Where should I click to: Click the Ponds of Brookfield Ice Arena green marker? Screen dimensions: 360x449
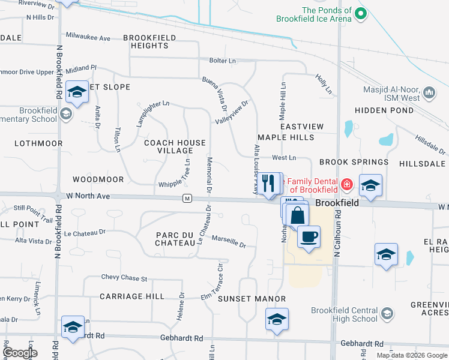(x=361, y=13)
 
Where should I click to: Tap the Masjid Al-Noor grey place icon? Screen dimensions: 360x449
(x=429, y=93)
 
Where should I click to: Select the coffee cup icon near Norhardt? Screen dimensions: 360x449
(x=309, y=236)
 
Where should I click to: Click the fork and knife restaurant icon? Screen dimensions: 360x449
(x=268, y=183)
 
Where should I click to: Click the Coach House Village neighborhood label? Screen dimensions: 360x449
(x=175, y=147)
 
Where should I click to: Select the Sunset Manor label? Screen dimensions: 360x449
(x=242, y=298)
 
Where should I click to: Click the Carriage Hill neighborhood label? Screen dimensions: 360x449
(x=131, y=296)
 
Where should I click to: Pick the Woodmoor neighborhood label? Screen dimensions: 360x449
(x=98, y=179)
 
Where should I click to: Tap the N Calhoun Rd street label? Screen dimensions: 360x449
(x=337, y=240)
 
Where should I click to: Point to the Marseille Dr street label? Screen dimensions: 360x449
(x=229, y=242)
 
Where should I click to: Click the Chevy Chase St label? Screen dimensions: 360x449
(x=124, y=278)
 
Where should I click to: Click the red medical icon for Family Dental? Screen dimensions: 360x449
(x=346, y=184)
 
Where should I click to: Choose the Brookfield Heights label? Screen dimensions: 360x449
(x=149, y=41)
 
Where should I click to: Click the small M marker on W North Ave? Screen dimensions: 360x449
(x=187, y=199)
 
